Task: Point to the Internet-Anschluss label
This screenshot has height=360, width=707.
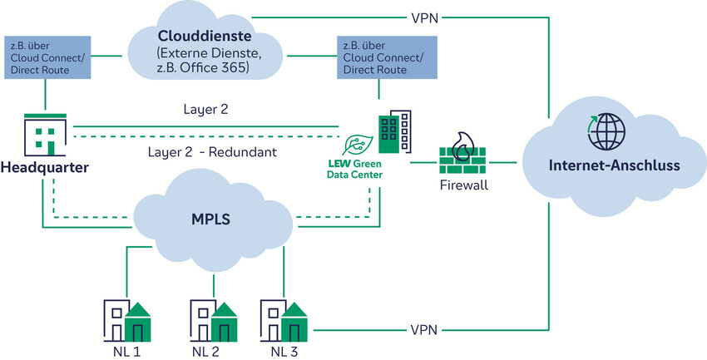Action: tap(614, 165)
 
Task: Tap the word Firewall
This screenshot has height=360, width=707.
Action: tap(463, 185)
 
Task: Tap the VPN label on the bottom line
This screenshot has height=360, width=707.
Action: tap(422, 330)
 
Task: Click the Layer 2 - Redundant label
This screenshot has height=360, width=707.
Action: tap(212, 152)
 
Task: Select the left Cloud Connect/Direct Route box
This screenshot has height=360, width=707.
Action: tap(46, 57)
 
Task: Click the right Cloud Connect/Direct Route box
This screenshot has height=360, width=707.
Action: tap(376, 57)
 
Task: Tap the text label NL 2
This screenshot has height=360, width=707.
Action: tap(205, 352)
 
